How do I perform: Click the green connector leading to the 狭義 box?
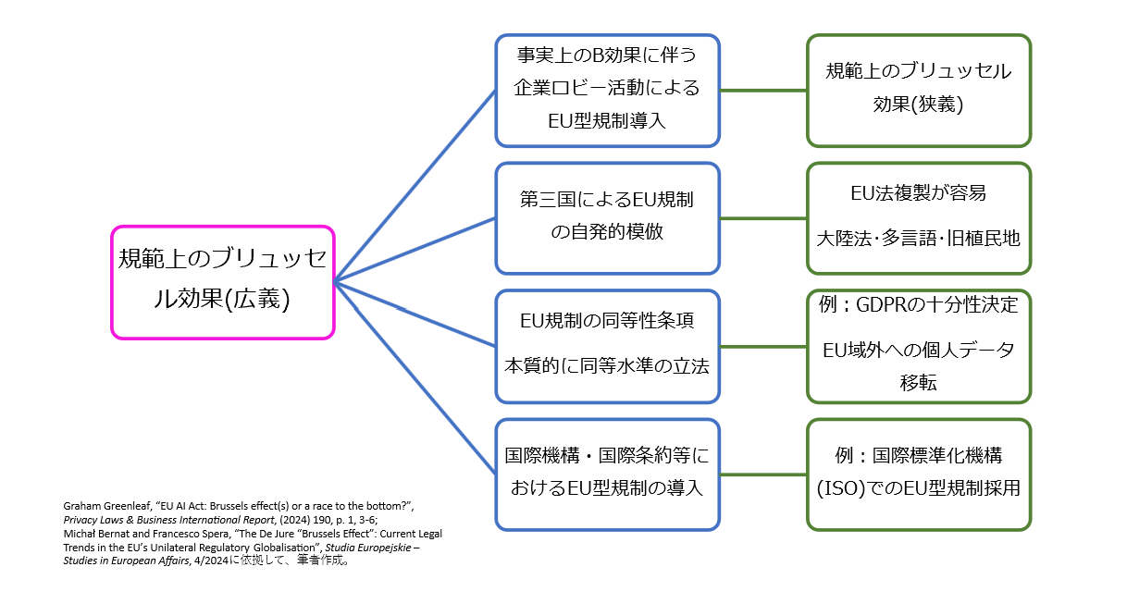tap(763, 91)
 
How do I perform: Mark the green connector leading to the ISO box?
tap(763, 474)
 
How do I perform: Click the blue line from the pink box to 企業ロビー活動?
tap(415, 186)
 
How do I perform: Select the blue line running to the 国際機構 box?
tap(415, 378)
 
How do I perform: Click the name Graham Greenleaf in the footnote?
tap(107, 506)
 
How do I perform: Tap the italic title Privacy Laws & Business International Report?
tap(169, 520)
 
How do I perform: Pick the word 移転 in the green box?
tap(918, 383)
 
